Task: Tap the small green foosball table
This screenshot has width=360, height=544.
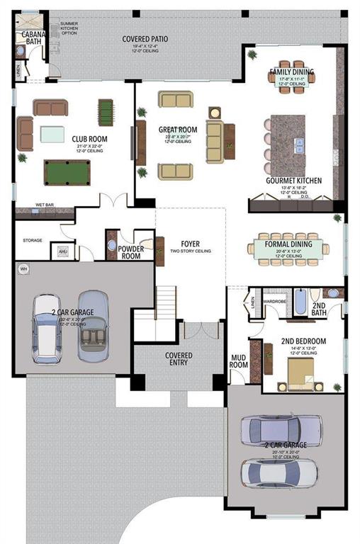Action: coord(106,112)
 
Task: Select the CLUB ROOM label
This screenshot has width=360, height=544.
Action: coord(88,139)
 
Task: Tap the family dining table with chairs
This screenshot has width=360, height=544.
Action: coord(291,76)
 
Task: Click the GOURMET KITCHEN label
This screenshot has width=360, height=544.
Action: coord(293,181)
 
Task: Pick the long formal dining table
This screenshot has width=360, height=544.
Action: coord(288,247)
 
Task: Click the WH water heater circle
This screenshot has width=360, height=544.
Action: coord(23,269)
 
